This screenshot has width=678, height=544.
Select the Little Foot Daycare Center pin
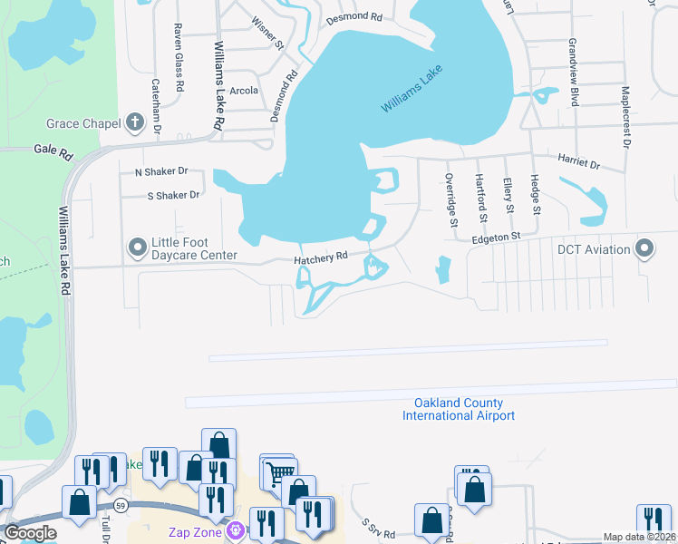pyautogui.click(x=138, y=247)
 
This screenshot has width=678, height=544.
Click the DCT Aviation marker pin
pyautogui.click(x=644, y=248)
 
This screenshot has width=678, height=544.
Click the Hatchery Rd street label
pyautogui.click(x=321, y=257)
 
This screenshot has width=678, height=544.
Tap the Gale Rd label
pyautogui.click(x=53, y=153)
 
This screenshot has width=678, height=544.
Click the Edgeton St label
pyautogui.click(x=497, y=237)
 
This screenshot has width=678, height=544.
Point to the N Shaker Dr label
pyautogui.click(x=160, y=171)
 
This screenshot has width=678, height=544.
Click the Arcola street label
pyautogui.click(x=244, y=91)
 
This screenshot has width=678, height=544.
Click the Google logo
pyautogui.click(x=30, y=533)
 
